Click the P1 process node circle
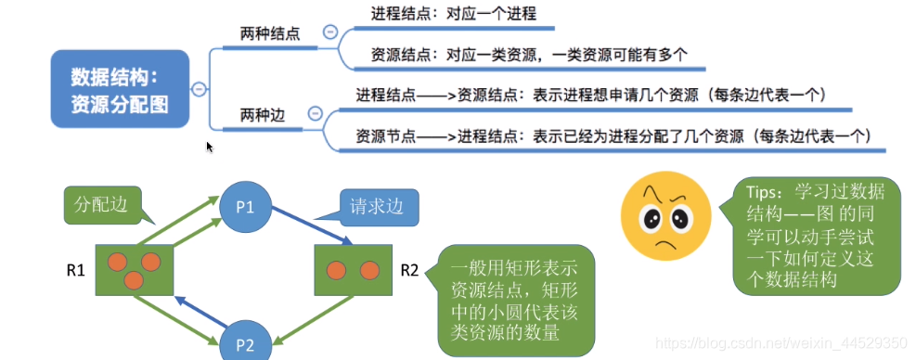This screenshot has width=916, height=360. point(244,206)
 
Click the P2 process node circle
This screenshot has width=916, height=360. point(244,343)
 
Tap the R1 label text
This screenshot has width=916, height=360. point(76,271)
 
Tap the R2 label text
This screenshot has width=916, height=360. point(409,271)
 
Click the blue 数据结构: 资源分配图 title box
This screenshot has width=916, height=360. point(120,89)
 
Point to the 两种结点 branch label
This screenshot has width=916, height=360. point(269,33)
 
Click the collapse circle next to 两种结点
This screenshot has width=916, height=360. point(329,32)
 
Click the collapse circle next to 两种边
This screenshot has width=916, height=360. point(314,114)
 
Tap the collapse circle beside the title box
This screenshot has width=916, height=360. point(198,89)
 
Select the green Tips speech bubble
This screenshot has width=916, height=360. point(816,236)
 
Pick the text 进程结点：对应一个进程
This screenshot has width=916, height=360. point(453,14)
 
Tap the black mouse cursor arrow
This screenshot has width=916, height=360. point(210,147)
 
